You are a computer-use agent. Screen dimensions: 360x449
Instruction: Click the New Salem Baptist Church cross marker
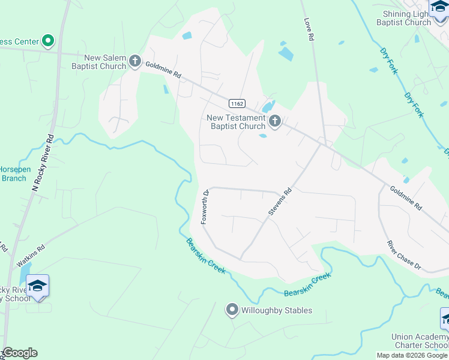134,61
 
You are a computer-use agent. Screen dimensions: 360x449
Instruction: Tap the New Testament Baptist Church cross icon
275,122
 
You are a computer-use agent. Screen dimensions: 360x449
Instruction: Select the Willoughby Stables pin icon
232,310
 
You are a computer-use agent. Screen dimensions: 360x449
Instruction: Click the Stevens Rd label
280,201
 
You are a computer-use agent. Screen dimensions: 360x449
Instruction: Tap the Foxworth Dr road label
205,207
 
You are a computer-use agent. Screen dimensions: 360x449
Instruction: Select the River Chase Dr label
404,255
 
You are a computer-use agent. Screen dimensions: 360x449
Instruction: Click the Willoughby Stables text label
277,311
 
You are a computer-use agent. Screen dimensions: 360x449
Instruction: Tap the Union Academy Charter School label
419,341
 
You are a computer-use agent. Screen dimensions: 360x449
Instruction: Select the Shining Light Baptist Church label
405,18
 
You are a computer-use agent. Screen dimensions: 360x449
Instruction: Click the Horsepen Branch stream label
14,173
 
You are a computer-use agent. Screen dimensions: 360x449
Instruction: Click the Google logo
20,353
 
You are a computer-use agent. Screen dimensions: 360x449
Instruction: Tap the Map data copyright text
412,355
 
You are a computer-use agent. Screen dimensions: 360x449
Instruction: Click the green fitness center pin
49,41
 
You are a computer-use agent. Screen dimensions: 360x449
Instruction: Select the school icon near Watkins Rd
37,286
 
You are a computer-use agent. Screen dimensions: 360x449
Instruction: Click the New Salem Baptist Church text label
105,62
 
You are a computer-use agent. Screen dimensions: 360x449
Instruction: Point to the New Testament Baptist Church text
236,122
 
